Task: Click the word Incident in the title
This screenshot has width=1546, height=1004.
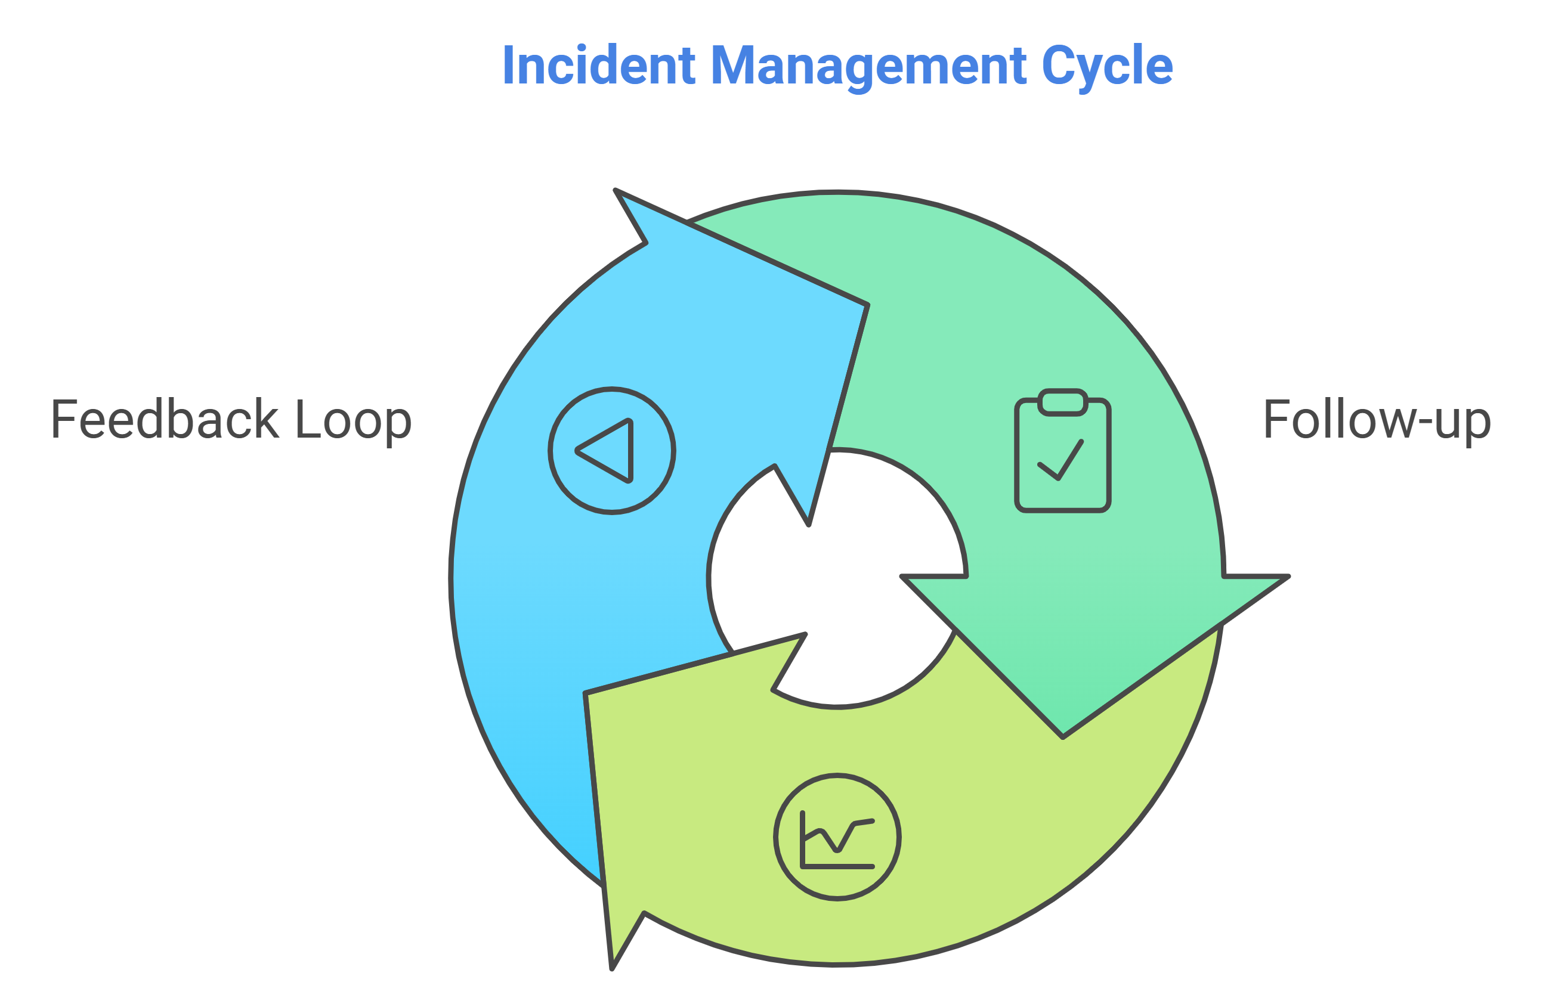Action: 598,65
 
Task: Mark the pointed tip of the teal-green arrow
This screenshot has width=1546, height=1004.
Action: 1063,736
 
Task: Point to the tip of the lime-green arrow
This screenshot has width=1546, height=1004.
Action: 612,968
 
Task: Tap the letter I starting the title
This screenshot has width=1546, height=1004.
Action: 508,65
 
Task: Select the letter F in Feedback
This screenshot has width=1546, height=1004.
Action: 64,419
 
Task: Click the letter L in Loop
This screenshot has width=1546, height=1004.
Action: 308,419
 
